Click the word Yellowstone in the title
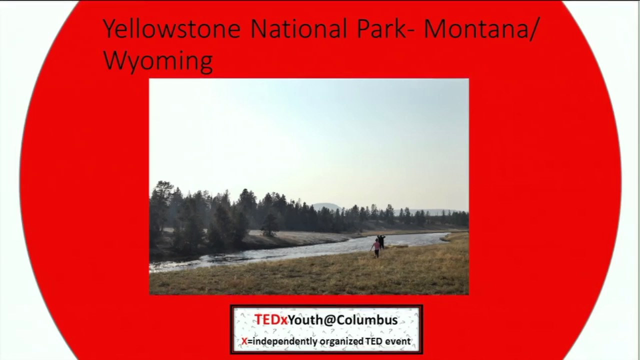point(171,29)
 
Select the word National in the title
point(298,28)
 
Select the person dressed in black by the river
point(381,241)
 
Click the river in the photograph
point(300,250)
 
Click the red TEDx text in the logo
point(270,320)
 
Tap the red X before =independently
point(244,341)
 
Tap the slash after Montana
point(535,28)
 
